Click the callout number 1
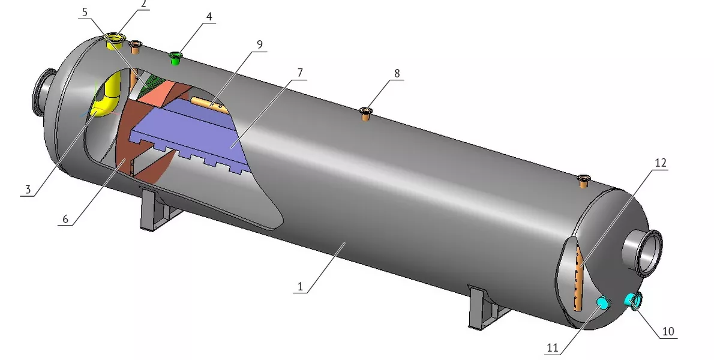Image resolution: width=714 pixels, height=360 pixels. click(x=301, y=287)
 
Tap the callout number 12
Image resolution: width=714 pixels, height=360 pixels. click(x=660, y=163)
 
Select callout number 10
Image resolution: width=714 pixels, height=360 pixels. click(x=668, y=331)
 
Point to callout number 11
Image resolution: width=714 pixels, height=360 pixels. click(x=553, y=348)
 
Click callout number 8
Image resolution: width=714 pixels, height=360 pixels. click(x=397, y=73)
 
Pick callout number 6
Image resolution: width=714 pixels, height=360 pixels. click(x=65, y=220)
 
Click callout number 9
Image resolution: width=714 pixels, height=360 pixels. click(x=260, y=44)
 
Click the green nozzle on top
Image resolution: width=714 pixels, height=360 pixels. click(x=175, y=58)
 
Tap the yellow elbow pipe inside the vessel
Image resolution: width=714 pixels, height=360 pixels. click(x=106, y=97)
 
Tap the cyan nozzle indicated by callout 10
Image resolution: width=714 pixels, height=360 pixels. click(x=633, y=301)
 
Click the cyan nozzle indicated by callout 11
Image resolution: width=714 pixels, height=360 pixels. click(x=604, y=302)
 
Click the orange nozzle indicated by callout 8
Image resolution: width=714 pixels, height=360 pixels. click(x=365, y=113)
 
